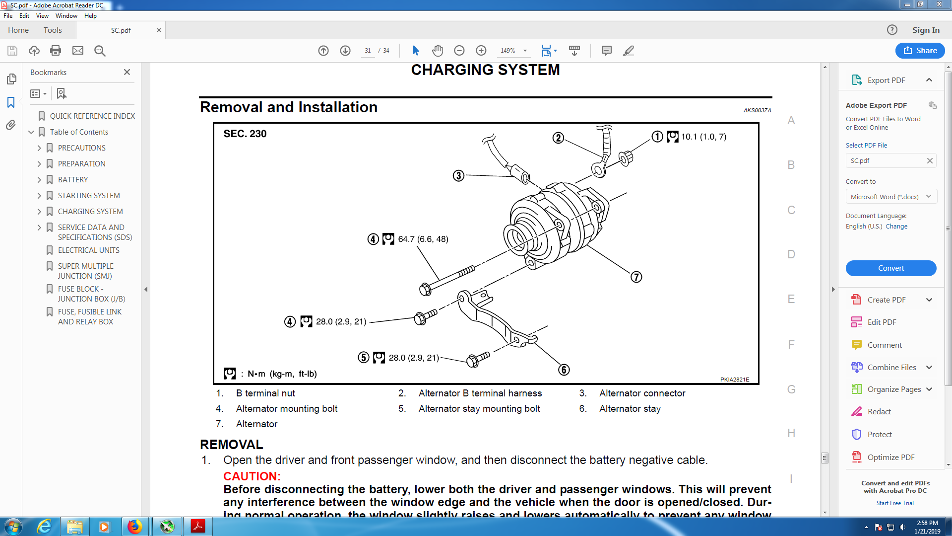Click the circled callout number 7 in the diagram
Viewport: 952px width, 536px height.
[636, 277]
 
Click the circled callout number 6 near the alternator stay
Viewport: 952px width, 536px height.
[564, 370]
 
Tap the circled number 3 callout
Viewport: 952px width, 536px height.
[458, 175]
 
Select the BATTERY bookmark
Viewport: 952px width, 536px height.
[72, 179]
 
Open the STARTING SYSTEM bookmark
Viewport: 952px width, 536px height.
[88, 195]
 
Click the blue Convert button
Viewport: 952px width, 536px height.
[890, 268]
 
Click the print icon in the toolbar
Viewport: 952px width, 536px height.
[56, 51]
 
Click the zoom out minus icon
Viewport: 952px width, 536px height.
[459, 51]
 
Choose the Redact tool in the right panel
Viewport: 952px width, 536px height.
[879, 411]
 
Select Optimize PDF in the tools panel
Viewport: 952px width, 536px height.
[890, 457]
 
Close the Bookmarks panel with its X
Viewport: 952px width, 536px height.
[127, 72]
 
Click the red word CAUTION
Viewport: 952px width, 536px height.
[252, 476]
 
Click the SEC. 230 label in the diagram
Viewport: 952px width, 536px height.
[245, 134]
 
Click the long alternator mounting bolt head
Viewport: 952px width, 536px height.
[425, 290]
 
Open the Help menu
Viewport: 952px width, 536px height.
[90, 16]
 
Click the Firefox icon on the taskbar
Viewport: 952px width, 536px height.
[134, 526]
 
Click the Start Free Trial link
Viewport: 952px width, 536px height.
[894, 503]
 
